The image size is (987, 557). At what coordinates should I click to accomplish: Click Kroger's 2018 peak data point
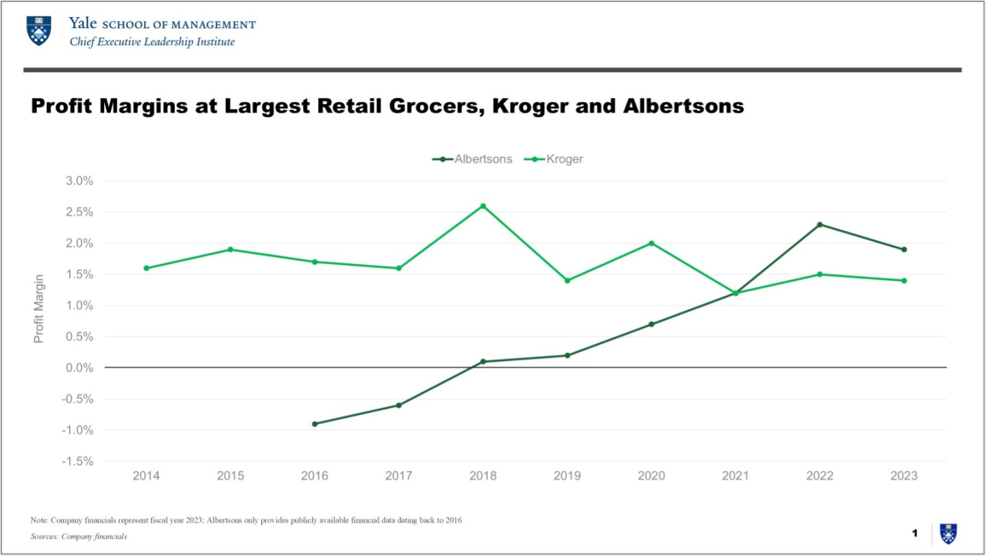click(x=483, y=206)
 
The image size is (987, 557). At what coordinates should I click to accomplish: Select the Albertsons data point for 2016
click(x=315, y=424)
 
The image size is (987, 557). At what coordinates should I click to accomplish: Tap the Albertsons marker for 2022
click(x=820, y=225)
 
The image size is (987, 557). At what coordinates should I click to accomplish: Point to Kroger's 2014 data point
click(x=146, y=268)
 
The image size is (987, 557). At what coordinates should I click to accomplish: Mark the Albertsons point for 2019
click(x=568, y=356)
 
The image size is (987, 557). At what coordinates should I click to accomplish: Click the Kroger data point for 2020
click(x=652, y=243)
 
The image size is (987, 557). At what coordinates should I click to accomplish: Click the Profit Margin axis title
click(x=39, y=308)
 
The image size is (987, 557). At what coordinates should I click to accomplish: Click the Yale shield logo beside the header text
click(x=38, y=31)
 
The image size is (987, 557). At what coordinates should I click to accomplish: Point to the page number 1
click(x=914, y=532)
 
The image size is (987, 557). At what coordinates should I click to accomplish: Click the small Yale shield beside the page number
click(x=949, y=533)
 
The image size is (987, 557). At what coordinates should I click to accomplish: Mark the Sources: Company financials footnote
click(x=79, y=536)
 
